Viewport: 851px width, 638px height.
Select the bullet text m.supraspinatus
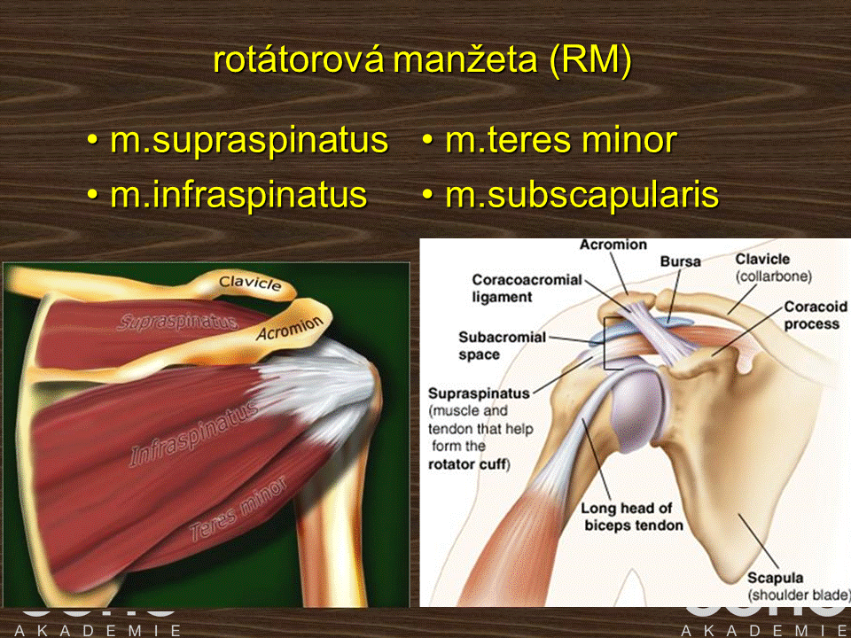249,140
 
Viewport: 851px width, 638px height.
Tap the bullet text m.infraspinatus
238,195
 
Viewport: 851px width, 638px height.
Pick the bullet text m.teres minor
561,140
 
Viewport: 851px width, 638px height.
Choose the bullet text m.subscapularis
582,195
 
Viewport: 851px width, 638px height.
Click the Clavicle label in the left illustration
250,283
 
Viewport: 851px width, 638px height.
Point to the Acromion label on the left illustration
290,329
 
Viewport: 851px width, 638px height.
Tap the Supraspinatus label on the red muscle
177,322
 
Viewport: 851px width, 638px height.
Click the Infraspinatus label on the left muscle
193,435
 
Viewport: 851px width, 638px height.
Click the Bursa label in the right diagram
681,261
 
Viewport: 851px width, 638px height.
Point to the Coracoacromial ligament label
527,288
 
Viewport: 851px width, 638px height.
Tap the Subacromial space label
502,346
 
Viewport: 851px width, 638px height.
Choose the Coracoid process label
816,315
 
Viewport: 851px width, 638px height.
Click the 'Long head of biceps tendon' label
632,517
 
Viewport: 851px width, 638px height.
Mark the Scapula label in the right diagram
775,577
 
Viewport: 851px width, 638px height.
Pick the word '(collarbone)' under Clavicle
773,276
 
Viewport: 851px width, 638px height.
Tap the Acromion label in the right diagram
613,245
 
